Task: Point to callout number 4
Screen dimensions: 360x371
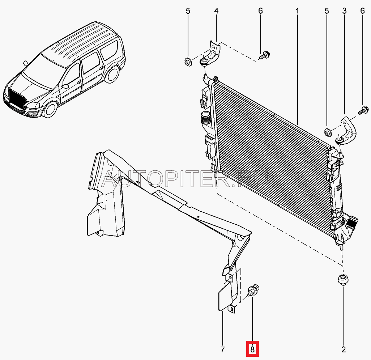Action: tap(216, 11)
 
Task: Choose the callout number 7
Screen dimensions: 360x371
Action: tap(222, 349)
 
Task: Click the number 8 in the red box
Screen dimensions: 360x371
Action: tap(252, 349)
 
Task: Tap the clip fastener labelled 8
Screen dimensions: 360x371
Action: tap(252, 291)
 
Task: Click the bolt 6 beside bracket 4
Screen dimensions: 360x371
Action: tap(265, 56)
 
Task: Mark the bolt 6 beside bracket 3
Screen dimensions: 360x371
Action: tap(363, 110)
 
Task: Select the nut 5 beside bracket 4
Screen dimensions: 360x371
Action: tap(188, 62)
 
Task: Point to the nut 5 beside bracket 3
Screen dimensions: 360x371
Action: tap(327, 133)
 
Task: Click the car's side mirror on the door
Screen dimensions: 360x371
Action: tap(65, 86)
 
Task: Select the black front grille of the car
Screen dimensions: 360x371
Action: tap(16, 97)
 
